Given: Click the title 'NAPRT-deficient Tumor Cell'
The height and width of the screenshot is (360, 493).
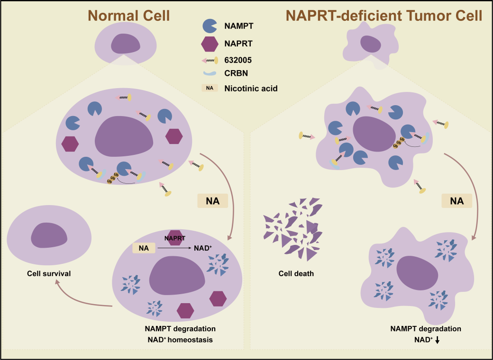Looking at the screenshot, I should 384,16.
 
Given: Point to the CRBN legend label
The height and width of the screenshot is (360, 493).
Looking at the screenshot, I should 237,74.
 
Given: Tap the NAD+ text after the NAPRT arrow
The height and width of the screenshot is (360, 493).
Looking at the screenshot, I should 203,247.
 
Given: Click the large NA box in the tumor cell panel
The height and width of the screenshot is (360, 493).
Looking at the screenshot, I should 456,201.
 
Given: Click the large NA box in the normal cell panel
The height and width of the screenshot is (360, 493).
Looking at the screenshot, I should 212,201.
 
